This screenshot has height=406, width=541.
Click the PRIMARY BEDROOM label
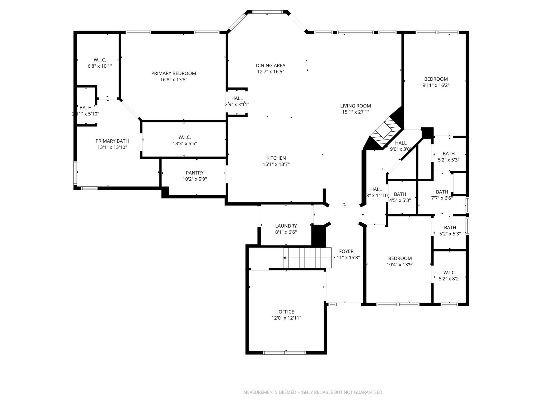174,73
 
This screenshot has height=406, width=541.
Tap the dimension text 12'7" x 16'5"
270,72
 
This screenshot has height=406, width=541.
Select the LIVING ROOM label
355,106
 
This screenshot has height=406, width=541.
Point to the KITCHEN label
276,158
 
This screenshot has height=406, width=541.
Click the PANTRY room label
195,173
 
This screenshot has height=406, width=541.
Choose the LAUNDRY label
286,226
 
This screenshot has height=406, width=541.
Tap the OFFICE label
286,312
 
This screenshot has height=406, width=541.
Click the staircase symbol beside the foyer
307,258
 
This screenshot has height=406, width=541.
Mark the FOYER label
346,251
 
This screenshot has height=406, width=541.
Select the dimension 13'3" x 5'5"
185,144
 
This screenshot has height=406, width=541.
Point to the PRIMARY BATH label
112,141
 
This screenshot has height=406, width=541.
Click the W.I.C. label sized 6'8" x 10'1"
100,60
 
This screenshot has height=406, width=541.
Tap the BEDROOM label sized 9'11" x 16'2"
436,79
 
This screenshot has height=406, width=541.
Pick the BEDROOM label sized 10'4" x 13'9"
400,259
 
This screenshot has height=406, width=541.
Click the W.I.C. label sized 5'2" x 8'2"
449,273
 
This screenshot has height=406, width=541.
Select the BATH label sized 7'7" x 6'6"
442,192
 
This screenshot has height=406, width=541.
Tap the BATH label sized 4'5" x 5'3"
400,194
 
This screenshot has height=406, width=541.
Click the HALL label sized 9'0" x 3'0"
401,143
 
